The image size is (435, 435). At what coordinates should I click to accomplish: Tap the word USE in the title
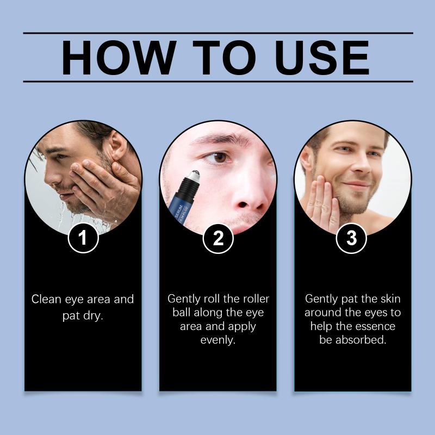pyautogui.click(x=322, y=58)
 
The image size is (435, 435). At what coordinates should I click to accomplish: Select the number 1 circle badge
pyautogui.click(x=83, y=238)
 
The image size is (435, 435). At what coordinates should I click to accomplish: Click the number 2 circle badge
pyautogui.click(x=218, y=238)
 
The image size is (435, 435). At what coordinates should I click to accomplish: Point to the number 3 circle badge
pyautogui.click(x=351, y=238)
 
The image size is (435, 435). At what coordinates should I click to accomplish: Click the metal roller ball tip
pyautogui.click(x=194, y=175)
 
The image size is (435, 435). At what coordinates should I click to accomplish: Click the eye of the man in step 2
pyautogui.click(x=219, y=158)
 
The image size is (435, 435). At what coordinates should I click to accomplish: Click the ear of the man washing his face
pyautogui.click(x=117, y=146)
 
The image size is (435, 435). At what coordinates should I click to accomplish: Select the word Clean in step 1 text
pyautogui.click(x=46, y=299)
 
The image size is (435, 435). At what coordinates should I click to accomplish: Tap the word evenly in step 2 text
pyautogui.click(x=218, y=339)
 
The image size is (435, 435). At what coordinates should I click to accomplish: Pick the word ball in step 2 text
pyautogui.click(x=181, y=312)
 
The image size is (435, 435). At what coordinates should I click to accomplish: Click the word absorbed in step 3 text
pyautogui.click(x=361, y=339)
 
